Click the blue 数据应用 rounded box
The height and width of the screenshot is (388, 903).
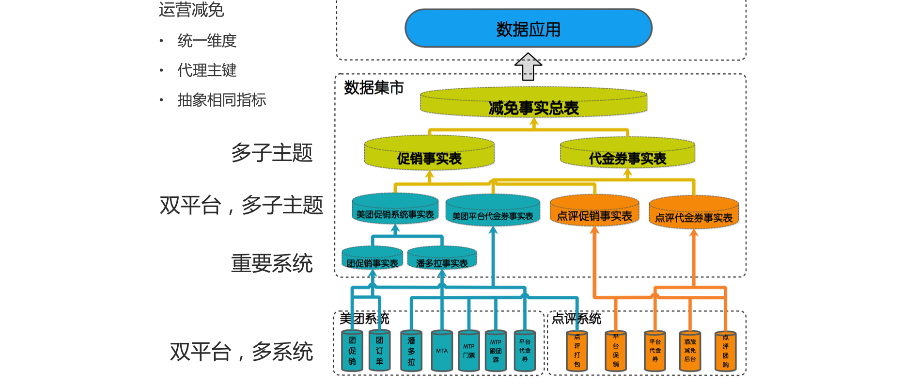tap(528, 29)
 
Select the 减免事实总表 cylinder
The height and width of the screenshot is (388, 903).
tap(533, 103)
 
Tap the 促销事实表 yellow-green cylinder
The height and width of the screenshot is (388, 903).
tap(429, 153)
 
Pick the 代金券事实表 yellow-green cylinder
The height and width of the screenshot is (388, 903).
tap(627, 153)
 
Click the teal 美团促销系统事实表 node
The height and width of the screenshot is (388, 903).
tap(395, 210)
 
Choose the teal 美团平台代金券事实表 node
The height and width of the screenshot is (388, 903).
tap(493, 211)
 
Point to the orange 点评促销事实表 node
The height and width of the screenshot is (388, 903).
tap(594, 211)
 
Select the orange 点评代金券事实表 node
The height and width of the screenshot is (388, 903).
tap(694, 212)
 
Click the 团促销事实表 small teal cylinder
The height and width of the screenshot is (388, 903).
tap(372, 259)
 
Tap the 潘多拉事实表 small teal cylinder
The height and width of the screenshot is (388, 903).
tap(442, 259)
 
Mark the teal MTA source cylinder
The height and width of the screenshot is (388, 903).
tap(442, 351)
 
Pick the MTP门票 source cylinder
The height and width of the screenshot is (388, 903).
tap(469, 351)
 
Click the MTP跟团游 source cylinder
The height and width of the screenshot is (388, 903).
tap(496, 351)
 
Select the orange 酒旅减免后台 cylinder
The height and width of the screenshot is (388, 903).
tap(690, 351)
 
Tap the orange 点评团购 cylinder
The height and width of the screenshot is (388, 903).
tap(725, 351)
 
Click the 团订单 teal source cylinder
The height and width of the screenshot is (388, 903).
tap(379, 351)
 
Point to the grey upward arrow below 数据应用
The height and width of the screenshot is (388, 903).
tap(528, 66)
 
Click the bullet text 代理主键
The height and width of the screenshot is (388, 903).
tap(207, 70)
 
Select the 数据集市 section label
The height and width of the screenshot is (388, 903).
tap(374, 88)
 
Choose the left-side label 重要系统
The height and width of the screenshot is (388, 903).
tap(272, 263)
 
